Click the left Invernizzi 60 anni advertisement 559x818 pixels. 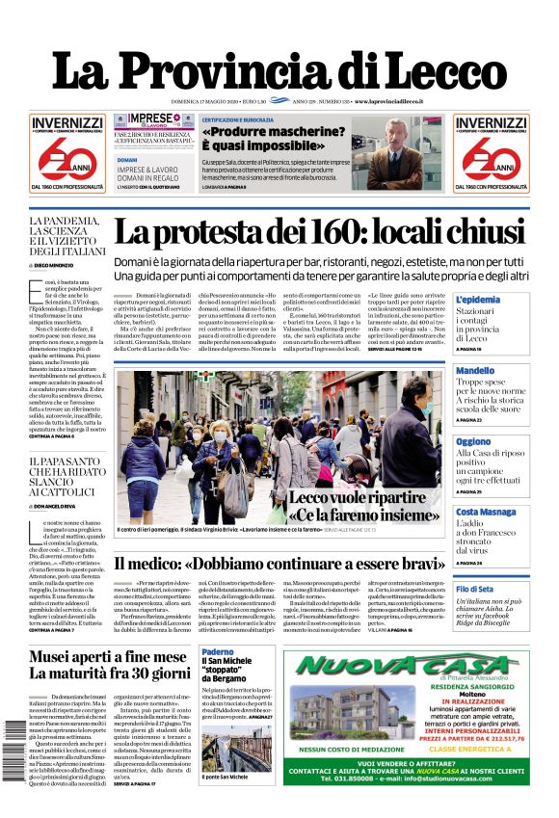(x=67, y=150)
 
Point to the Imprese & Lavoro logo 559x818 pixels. (x=142, y=121)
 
